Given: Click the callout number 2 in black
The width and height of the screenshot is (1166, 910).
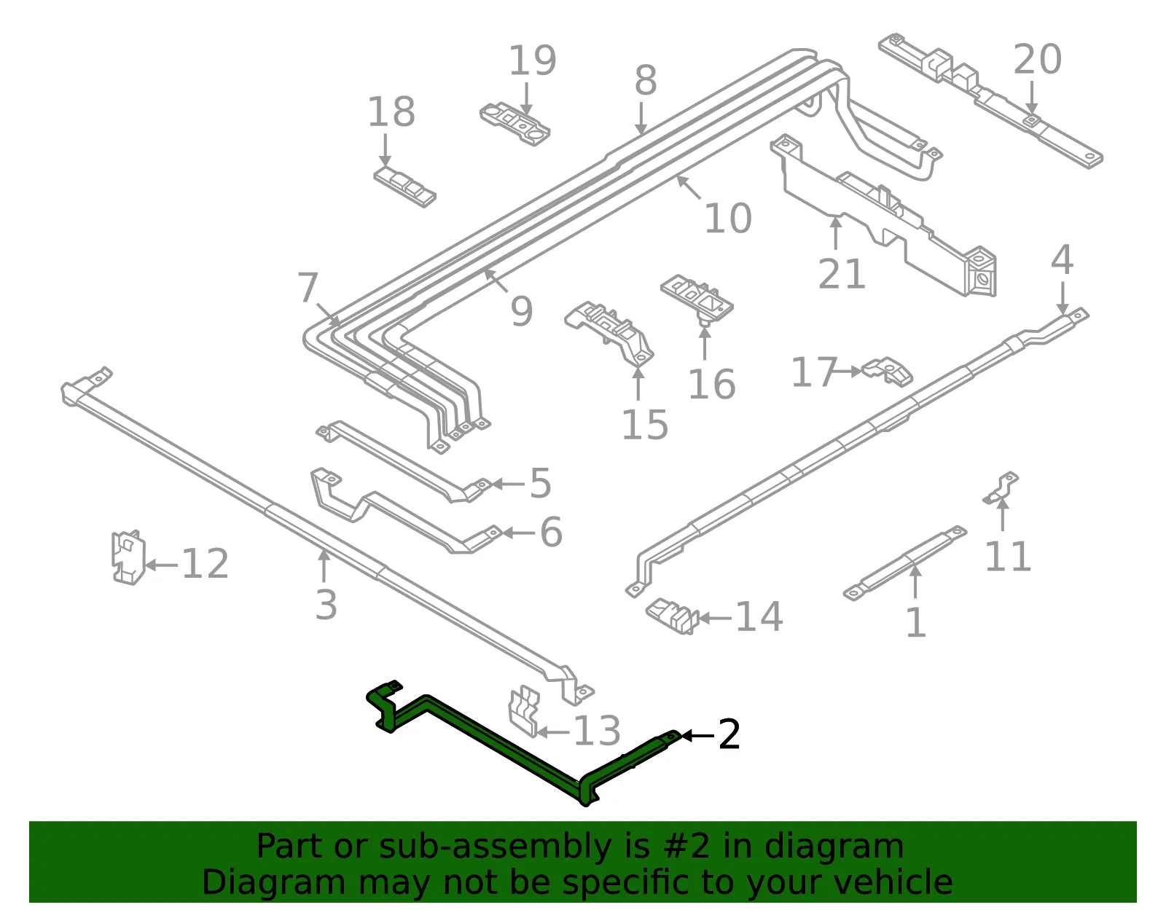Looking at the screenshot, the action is tap(729, 734).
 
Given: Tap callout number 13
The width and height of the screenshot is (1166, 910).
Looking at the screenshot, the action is tap(598, 731).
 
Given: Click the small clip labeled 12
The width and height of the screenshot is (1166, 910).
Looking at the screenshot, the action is tap(128, 557).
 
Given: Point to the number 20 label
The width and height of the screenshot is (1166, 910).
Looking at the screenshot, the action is tap(1037, 59).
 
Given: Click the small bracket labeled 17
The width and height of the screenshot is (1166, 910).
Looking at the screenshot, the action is tap(887, 371).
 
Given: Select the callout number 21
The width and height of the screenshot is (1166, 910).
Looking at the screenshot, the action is tap(842, 273).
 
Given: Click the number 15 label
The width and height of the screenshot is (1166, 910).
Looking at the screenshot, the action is tap(644, 425).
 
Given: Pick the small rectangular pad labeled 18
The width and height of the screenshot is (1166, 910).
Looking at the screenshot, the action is tap(404, 187).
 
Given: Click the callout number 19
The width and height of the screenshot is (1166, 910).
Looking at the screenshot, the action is tap(532, 60).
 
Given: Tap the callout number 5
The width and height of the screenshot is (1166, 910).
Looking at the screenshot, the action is tap(540, 483).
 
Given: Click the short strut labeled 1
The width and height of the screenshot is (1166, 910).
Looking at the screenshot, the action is tap(905, 563).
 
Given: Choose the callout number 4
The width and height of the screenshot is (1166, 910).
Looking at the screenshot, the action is tap(1062, 260).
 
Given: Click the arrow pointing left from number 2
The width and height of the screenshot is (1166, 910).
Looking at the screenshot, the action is tap(698, 736).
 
